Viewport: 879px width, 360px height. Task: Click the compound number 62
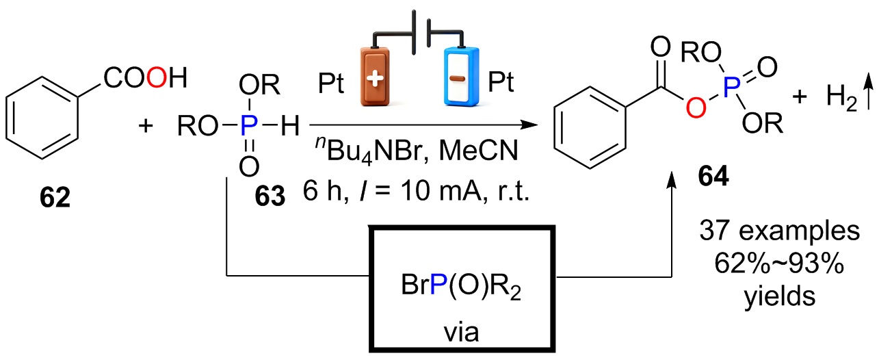55,198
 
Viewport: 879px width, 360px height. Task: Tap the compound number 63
270,196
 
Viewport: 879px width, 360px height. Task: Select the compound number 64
713,176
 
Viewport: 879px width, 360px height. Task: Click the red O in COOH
157,77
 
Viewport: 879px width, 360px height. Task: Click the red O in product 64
696,107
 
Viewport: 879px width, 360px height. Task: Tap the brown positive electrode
375,77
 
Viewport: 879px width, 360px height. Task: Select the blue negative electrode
461,77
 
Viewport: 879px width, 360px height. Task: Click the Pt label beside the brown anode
331,83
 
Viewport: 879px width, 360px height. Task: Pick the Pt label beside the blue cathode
501,82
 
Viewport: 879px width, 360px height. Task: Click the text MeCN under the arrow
478,151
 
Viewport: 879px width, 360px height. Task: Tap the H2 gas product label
841,97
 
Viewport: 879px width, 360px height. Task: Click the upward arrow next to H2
869,92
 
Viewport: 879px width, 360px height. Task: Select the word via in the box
462,333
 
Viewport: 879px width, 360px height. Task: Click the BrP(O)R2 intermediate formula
461,285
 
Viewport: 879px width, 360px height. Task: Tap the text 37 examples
779,231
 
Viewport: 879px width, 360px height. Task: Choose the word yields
780,297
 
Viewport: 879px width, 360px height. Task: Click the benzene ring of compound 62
42,118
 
